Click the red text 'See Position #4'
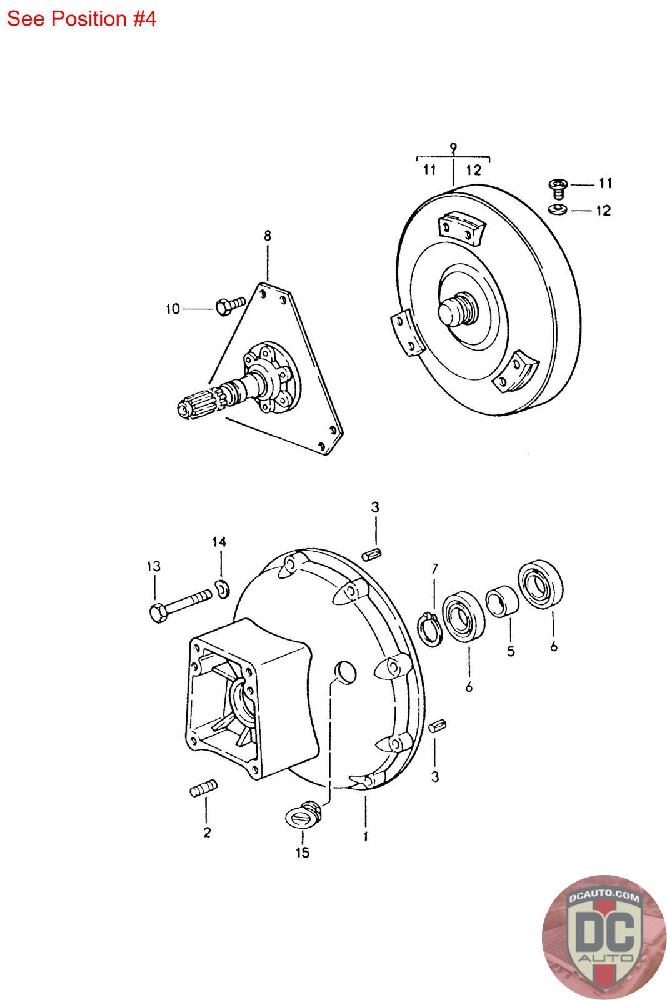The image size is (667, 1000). pos(81,19)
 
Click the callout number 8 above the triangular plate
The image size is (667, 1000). pos(267,236)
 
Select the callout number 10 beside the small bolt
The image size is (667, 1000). pos(173,309)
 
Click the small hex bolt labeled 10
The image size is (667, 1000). pos(231,305)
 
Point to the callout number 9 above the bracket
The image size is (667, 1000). pos(453,147)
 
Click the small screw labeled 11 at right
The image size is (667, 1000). pos(558,188)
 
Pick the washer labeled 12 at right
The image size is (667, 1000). pos(558,209)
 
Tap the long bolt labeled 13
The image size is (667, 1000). pos(179,605)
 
